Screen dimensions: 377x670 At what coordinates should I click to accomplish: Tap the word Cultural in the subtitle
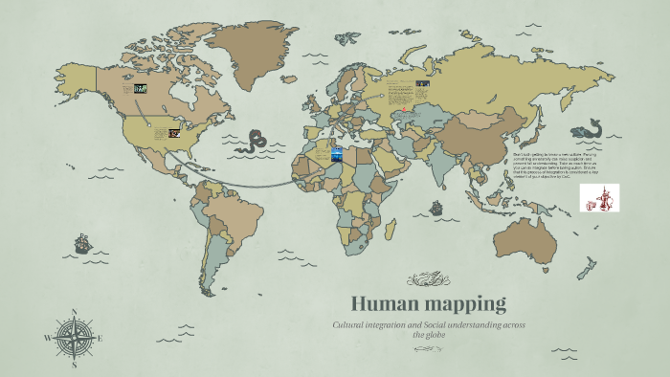tap(350, 326)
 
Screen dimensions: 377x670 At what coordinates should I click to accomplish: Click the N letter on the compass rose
tap(75, 312)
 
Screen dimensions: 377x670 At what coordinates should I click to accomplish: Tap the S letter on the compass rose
tap(75, 365)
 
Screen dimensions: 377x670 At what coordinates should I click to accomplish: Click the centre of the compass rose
tap(75, 338)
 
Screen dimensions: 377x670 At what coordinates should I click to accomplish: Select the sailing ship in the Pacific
tap(83, 243)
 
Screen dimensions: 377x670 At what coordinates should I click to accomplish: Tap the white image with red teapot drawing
tap(599, 198)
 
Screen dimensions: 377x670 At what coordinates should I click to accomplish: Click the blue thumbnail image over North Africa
tap(337, 153)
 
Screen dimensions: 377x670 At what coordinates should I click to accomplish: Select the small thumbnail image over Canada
tap(141, 88)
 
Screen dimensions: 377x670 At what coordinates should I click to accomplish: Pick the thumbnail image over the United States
tap(174, 133)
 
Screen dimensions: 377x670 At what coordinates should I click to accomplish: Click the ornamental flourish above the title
tap(428, 279)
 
